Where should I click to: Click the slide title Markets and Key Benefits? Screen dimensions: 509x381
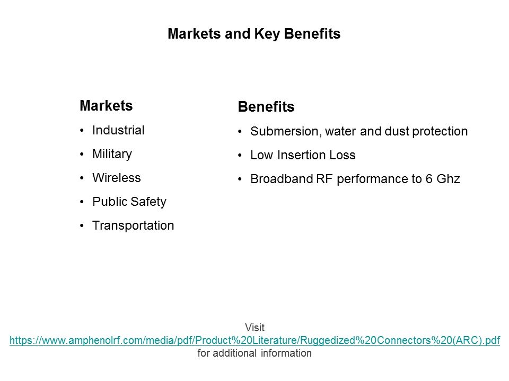tap(254, 34)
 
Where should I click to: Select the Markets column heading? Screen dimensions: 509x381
tap(106, 106)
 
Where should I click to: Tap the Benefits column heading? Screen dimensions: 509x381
tap(266, 106)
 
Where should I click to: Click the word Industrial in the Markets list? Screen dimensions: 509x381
tap(118, 130)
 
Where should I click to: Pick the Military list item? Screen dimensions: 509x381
tap(112, 154)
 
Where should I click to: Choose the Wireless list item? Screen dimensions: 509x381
tap(117, 178)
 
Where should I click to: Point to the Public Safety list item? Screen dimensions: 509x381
tap(129, 202)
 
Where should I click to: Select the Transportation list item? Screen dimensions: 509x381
tap(133, 225)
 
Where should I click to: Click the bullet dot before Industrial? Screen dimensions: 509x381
tap(82, 131)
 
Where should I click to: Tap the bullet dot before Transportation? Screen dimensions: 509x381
tap(82, 226)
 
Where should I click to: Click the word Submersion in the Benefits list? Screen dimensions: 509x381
tap(286, 132)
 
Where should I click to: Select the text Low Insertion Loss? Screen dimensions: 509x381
tap(303, 155)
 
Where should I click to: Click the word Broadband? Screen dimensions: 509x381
tap(282, 179)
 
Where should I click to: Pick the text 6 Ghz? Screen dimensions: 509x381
tap(443, 179)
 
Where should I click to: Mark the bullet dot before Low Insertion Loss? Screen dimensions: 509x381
tap(240, 156)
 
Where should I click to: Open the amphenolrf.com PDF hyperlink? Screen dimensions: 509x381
tap(255, 340)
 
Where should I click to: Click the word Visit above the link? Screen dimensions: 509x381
tap(255, 328)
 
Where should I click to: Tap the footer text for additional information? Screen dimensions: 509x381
tap(254, 353)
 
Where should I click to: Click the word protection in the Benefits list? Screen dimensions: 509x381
tap(440, 132)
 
